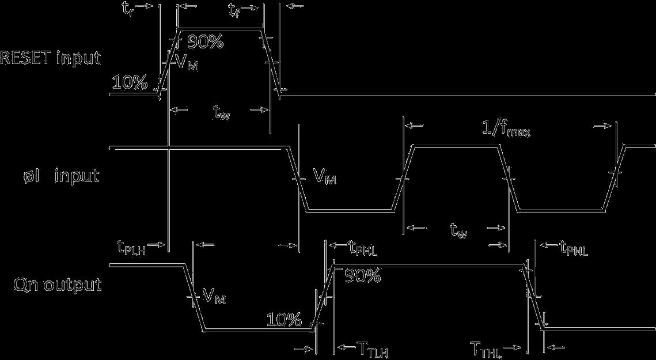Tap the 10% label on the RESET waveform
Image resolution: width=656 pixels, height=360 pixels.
click(x=130, y=83)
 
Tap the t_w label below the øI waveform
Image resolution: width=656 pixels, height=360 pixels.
click(x=458, y=231)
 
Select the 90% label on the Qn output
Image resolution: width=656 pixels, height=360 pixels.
click(x=362, y=276)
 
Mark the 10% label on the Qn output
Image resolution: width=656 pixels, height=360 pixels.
click(x=285, y=319)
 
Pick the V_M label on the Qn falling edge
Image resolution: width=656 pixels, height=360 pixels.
click(x=214, y=296)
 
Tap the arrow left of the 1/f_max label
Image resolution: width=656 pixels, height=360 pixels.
click(x=416, y=125)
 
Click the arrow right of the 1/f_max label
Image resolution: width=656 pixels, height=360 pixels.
click(x=604, y=125)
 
